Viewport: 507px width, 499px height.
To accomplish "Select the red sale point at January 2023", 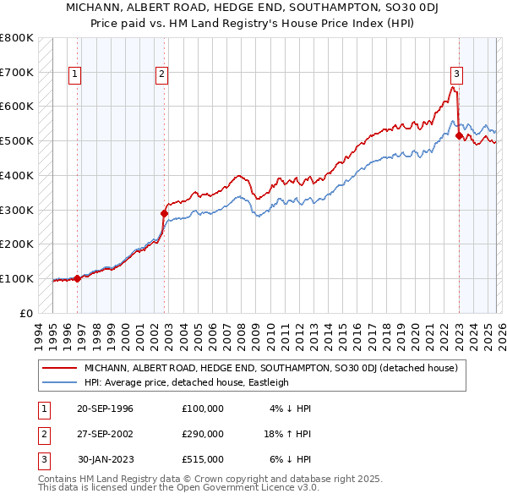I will click(x=459, y=135).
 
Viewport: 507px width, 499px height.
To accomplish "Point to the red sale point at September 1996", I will click(x=77, y=277).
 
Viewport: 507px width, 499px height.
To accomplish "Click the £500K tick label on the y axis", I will click(x=17, y=140).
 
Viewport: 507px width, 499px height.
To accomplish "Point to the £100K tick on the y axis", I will click(x=17, y=278).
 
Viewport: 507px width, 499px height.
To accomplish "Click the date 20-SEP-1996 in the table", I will click(x=105, y=409).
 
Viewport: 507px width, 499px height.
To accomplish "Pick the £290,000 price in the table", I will click(x=203, y=434).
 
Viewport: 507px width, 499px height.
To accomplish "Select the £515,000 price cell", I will click(x=203, y=459).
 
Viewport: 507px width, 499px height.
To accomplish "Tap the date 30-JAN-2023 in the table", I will click(x=105, y=459).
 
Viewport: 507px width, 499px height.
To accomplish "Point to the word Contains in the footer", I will click(x=58, y=479).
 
